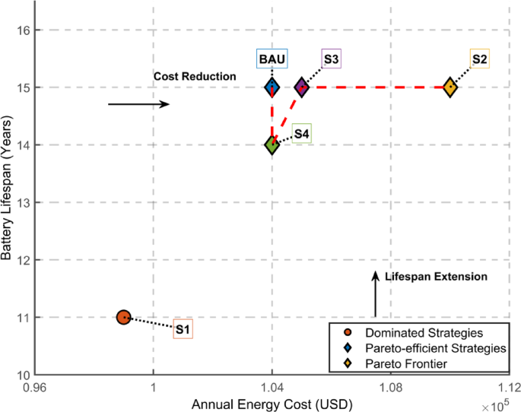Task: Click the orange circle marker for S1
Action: coord(124,317)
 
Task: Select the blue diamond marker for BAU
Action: coord(272,87)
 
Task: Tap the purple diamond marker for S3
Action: coord(302,87)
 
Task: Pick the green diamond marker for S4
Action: coord(272,144)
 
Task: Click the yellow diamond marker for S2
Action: coord(450,87)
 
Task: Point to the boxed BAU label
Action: coord(272,59)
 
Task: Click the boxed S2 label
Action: coord(479,59)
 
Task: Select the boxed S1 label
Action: coord(183,329)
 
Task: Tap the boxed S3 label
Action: coord(331,59)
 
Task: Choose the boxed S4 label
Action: coord(301,134)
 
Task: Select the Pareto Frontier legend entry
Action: coord(404,364)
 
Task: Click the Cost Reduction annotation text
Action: coord(195,77)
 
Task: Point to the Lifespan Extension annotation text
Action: coord(436,277)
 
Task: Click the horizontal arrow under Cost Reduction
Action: coord(138,104)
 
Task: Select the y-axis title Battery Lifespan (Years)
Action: coord(8,202)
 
